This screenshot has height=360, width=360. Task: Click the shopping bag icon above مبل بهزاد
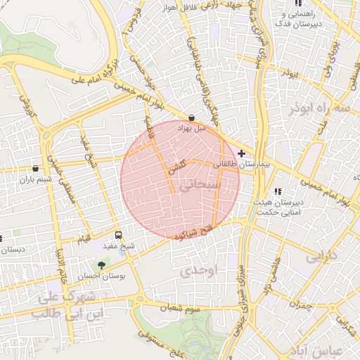point(191,118)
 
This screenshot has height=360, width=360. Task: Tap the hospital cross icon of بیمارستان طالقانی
point(242,153)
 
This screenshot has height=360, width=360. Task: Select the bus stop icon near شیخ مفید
point(118,235)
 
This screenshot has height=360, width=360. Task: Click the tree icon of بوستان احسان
point(102,265)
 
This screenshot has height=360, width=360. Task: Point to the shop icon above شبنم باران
point(35,168)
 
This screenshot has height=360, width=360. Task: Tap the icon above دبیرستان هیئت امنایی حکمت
point(278,191)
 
